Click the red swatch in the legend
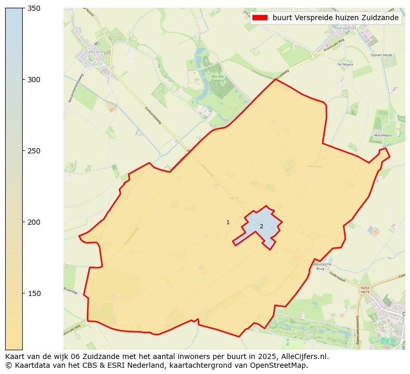pos(260,18)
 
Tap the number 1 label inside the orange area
pos(228,222)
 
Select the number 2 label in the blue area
pos(261,226)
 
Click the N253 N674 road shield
pos(365,290)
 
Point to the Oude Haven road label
pos(338,278)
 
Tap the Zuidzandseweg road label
pos(153,116)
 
